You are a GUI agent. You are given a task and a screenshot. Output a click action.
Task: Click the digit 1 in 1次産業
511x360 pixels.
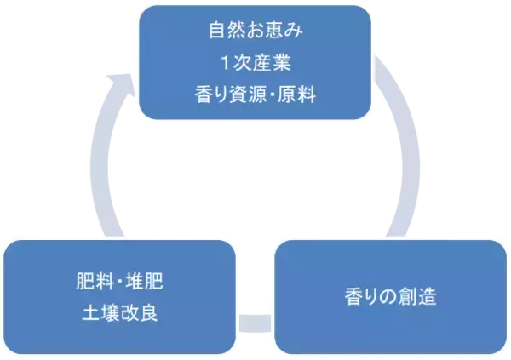point(222,62)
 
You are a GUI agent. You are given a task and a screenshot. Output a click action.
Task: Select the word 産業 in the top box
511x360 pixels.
point(273,62)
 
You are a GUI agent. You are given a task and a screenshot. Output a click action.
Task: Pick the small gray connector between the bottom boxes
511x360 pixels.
point(255,323)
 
